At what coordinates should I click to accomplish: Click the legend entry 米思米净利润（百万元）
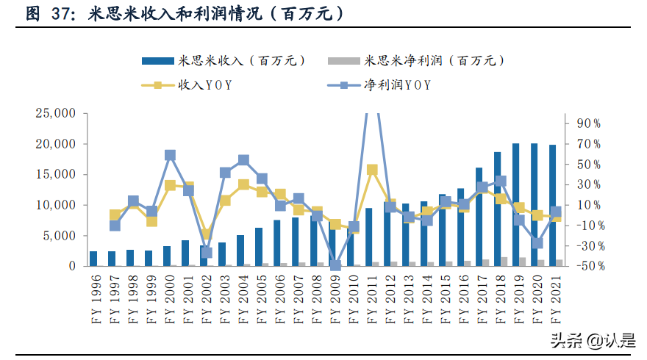point(434,61)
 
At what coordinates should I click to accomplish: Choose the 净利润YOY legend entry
point(398,85)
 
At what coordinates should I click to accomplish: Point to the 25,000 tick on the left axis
point(56,113)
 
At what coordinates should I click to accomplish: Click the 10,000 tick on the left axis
point(56,205)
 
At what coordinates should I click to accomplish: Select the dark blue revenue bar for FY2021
point(552,206)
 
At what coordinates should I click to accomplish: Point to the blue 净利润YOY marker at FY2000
point(170,155)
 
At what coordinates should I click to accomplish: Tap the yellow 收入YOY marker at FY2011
point(372,170)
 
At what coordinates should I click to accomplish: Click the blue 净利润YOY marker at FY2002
point(207,253)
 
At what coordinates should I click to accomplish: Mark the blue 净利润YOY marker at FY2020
point(537,243)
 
